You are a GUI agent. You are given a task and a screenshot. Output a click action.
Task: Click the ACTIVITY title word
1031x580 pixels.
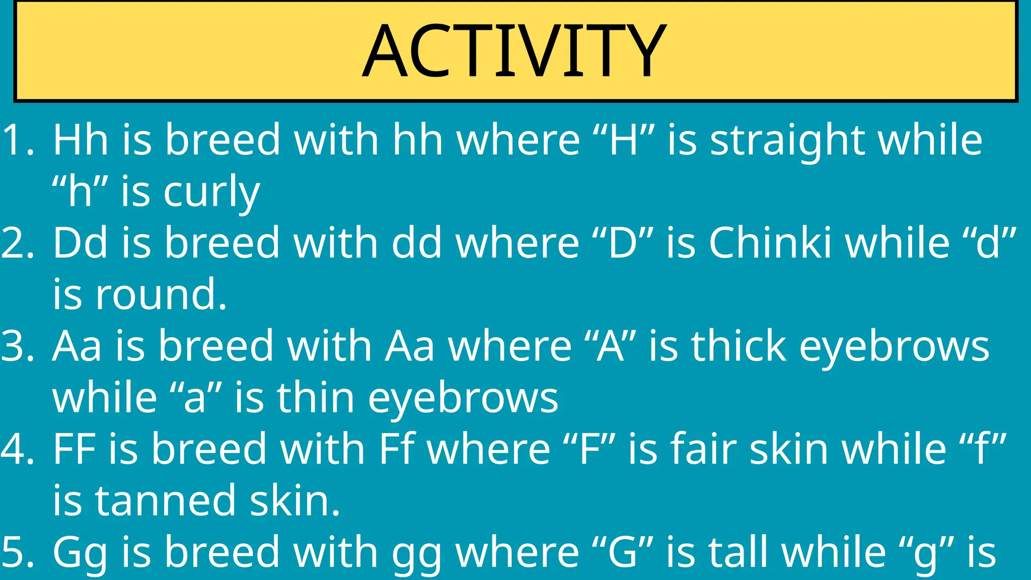tap(514, 51)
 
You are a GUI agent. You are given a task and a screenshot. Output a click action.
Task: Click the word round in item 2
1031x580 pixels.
tap(161, 295)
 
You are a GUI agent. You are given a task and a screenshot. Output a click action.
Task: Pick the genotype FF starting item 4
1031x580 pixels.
tap(74, 449)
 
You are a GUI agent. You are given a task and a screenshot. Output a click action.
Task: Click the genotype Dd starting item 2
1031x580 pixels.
tap(81, 243)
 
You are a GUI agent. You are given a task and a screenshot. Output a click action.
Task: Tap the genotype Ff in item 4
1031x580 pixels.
tap(397, 449)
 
